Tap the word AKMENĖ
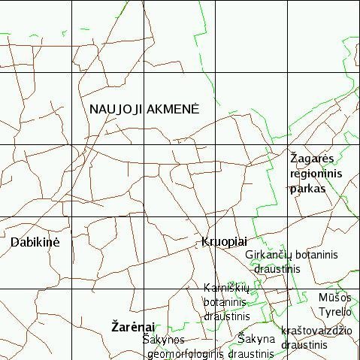click(173, 109)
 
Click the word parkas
click(308, 189)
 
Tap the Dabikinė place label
click(35, 243)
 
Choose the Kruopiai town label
click(224, 242)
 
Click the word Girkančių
click(269, 255)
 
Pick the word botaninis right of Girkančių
click(316, 255)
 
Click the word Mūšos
click(334, 298)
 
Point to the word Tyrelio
click(334, 311)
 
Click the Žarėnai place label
click(133, 327)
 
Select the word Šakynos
click(163, 340)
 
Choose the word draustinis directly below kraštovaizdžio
click(304, 344)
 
